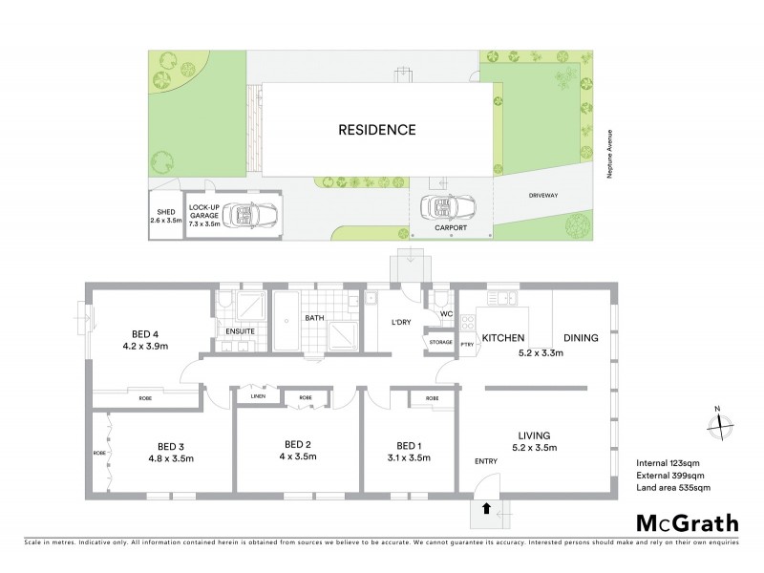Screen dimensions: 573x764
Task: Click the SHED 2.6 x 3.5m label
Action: pos(165,215)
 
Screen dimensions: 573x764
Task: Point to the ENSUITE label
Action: pos(240,331)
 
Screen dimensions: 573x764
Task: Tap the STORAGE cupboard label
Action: pos(440,341)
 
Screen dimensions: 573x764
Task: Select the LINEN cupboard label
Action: pos(258,396)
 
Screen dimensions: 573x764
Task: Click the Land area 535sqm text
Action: pos(672,488)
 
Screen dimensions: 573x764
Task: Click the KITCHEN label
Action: pos(506,338)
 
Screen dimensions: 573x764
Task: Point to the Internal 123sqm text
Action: pos(668,463)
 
